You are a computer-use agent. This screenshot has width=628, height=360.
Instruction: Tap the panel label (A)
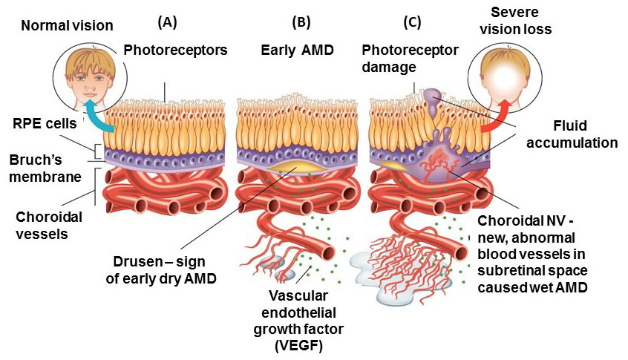(x=168, y=22)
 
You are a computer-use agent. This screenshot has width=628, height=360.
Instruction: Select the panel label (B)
(x=301, y=22)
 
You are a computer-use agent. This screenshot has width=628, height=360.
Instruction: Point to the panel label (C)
(x=412, y=22)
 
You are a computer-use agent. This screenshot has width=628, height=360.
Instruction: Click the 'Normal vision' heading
(x=68, y=26)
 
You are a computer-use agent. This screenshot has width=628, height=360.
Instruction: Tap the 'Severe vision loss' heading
(x=515, y=21)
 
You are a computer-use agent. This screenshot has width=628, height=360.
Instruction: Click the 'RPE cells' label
(x=45, y=123)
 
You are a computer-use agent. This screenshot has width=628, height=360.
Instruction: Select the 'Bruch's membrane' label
(x=45, y=168)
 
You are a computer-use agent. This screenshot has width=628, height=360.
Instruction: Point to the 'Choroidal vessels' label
(x=49, y=225)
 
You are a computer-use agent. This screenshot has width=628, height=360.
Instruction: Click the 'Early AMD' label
(x=297, y=50)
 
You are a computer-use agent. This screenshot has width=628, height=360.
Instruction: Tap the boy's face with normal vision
(x=91, y=82)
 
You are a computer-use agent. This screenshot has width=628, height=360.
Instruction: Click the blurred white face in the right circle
(x=506, y=81)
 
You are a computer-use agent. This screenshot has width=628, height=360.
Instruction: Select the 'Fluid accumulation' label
(x=572, y=134)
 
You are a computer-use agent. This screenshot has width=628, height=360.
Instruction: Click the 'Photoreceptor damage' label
(x=410, y=59)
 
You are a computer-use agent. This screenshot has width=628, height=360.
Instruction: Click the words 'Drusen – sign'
(x=160, y=262)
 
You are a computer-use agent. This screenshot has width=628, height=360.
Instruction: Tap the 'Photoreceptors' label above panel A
(x=175, y=50)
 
